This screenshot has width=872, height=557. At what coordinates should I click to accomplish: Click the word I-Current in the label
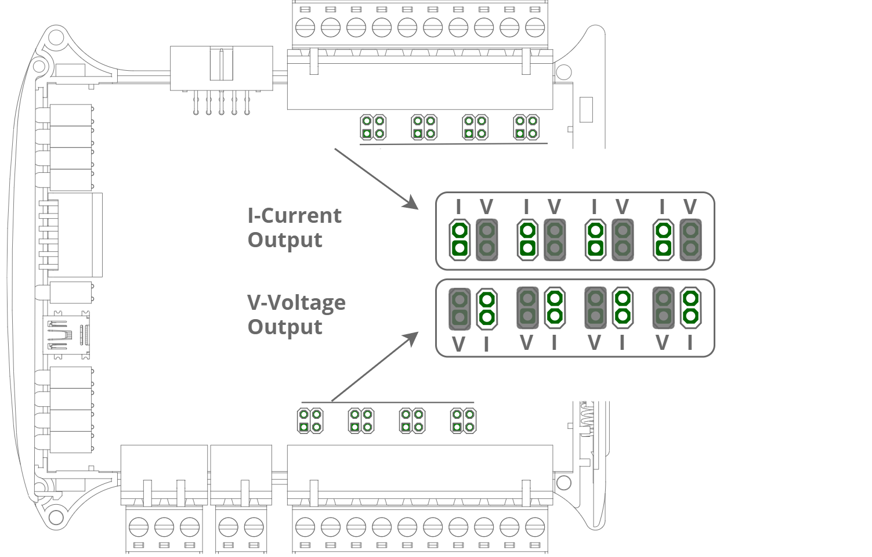point(294,216)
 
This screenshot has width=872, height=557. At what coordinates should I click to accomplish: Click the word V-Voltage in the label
point(296,303)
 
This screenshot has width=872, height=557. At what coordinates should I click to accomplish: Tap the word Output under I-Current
point(284,240)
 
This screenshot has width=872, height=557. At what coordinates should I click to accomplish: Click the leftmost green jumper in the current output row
point(459,240)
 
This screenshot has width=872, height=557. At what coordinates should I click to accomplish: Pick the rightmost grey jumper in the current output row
point(690,240)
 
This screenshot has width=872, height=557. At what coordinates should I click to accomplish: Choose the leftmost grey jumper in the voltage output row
point(459,308)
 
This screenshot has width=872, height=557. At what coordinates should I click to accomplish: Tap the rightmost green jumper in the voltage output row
point(690,307)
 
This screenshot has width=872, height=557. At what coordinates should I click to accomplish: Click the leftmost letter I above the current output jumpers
point(459,207)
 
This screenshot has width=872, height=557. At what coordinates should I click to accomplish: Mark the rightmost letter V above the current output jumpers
point(690,207)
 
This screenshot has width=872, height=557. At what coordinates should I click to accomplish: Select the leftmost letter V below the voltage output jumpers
point(458,345)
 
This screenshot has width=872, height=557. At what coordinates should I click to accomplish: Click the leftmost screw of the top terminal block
point(305,27)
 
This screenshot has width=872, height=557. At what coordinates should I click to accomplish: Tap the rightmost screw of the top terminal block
point(534,27)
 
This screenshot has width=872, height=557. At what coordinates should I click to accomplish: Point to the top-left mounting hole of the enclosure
point(55,38)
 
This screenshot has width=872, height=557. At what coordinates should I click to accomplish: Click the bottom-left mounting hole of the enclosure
point(55,516)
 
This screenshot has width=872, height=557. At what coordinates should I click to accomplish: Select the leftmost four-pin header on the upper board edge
point(373,127)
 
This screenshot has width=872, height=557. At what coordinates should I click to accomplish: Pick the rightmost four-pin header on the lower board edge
point(463,421)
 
